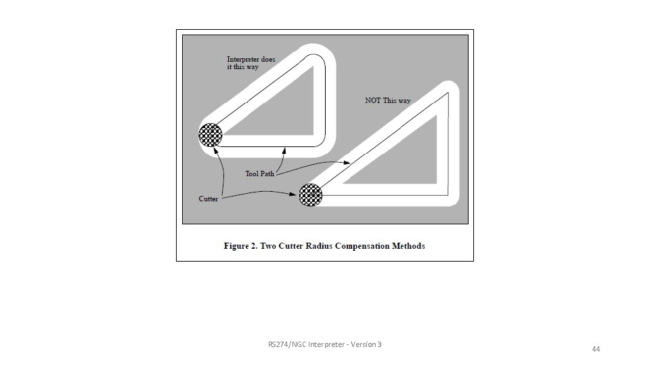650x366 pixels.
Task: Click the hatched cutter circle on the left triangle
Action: [211, 135]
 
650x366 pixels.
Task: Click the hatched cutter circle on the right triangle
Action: [311, 195]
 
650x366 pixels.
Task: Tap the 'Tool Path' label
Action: [259, 174]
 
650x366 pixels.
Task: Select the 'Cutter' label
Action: [208, 199]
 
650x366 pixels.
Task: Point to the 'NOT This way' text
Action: [387, 100]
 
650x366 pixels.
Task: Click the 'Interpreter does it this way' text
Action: [251, 62]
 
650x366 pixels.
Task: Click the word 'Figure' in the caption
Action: [238, 245]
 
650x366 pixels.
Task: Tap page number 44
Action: [596, 349]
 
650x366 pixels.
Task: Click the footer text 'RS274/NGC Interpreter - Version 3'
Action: [324, 345]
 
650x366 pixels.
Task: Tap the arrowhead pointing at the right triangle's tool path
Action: [347, 163]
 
